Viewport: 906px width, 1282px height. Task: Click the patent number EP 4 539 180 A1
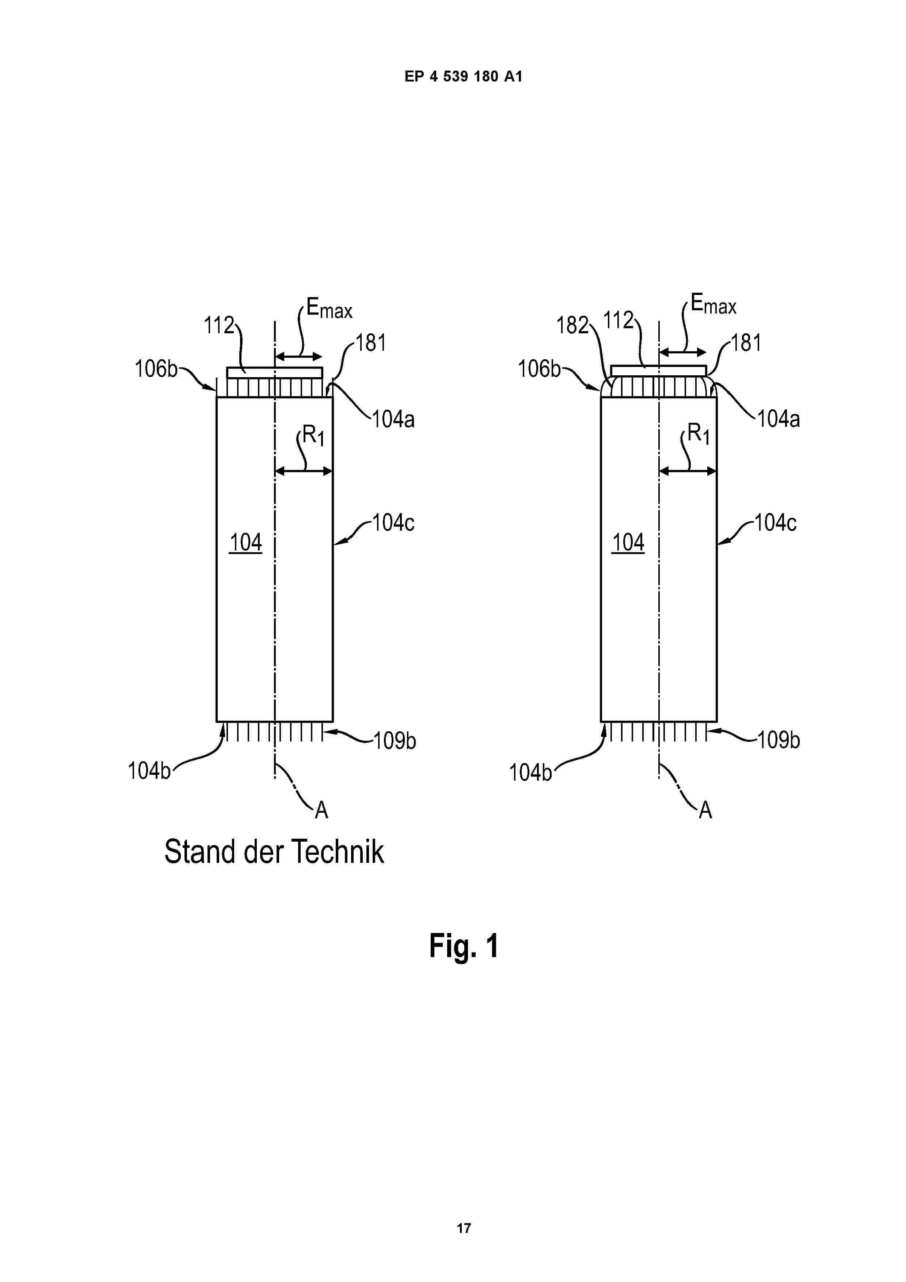click(x=463, y=76)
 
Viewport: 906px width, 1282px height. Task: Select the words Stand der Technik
click(x=274, y=851)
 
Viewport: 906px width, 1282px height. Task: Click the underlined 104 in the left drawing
click(x=245, y=542)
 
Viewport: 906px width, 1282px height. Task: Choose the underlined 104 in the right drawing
click(x=628, y=542)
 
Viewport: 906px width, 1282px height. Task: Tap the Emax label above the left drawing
click(x=330, y=308)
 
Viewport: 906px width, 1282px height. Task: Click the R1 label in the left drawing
click(x=313, y=435)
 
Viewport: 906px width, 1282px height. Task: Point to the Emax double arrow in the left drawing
click(x=298, y=357)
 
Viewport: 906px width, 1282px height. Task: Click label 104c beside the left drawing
click(x=393, y=523)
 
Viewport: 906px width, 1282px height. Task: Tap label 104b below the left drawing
click(x=149, y=770)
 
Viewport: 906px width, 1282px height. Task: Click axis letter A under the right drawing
click(x=705, y=809)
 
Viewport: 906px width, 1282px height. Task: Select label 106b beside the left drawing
click(x=156, y=368)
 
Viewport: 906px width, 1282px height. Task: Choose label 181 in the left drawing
click(x=371, y=343)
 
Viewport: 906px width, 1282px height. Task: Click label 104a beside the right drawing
click(x=778, y=419)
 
